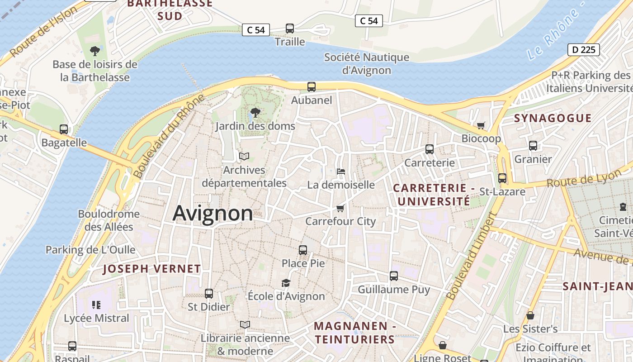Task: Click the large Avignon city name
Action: pyautogui.click(x=213, y=213)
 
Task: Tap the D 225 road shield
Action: pyautogui.click(x=583, y=50)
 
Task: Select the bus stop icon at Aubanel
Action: pyautogui.click(x=311, y=87)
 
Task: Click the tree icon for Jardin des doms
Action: pyautogui.click(x=255, y=112)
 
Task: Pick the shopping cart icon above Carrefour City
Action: pyautogui.click(x=340, y=208)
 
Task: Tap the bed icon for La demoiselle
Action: pyautogui.click(x=341, y=171)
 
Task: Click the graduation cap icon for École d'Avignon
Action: pyautogui.click(x=286, y=283)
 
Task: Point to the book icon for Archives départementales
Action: pyautogui.click(x=244, y=157)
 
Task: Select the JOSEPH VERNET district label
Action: pyautogui.click(x=151, y=269)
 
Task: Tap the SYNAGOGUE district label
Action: pyautogui.click(x=553, y=119)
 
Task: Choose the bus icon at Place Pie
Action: pyautogui.click(x=303, y=250)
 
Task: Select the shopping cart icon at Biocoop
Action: pyautogui.click(x=481, y=125)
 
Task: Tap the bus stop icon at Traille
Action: pyautogui.click(x=290, y=29)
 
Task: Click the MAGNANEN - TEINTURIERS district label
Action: pyautogui.click(x=354, y=333)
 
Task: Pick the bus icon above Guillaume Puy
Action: pyautogui.click(x=394, y=276)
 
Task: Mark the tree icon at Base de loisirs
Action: pyautogui.click(x=95, y=51)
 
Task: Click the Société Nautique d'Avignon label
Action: pyautogui.click(x=367, y=64)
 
